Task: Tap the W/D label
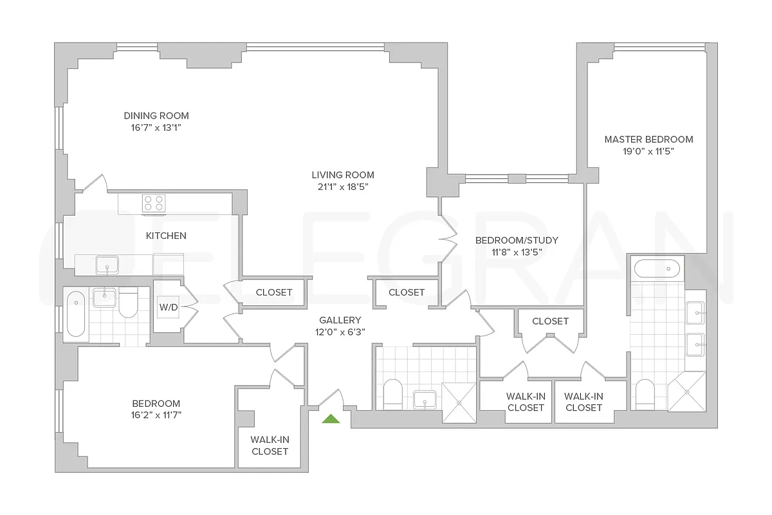[x=169, y=307]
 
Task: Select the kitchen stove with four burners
[x=154, y=203]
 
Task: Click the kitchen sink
[x=107, y=265]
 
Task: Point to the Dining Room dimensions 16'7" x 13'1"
[x=156, y=128]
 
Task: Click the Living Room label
[x=343, y=175]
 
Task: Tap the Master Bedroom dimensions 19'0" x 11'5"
[x=648, y=151]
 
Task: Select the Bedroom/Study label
[x=517, y=240]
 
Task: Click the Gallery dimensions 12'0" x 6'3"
[x=340, y=332]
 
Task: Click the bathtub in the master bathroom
[x=657, y=268]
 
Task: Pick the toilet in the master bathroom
[x=645, y=395]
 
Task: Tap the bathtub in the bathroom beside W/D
[x=76, y=314]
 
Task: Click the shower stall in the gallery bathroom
[x=459, y=402]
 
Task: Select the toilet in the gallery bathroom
[x=393, y=395]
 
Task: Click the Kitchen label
[x=166, y=236]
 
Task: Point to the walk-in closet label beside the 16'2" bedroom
[x=270, y=445]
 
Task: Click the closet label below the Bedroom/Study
[x=551, y=321]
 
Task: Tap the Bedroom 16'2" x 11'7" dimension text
[x=156, y=415]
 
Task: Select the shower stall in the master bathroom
[x=686, y=392]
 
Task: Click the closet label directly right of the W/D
[x=274, y=292]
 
